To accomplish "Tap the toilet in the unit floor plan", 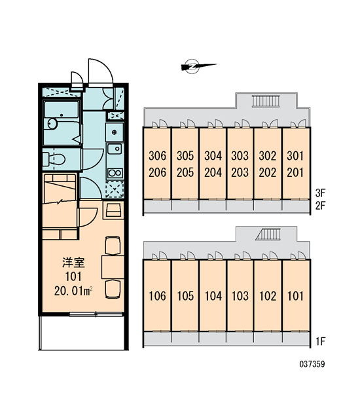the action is click(54, 159).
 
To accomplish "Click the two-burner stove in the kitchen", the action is click(115, 173).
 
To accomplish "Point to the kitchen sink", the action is click(115, 149).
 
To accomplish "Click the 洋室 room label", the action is click(73, 263).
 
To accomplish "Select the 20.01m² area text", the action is click(73, 291).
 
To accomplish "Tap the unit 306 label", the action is click(157, 156).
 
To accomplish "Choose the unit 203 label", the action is click(240, 172).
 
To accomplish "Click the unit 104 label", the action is click(213, 296).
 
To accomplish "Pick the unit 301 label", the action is click(295, 156).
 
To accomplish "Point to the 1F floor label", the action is click(321, 341).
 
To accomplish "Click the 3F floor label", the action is click(321, 193).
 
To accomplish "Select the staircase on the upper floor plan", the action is click(266, 101).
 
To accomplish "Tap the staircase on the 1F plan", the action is click(268, 234).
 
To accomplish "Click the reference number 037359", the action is click(312, 364).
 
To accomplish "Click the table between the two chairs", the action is click(113, 267).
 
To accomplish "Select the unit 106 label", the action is click(157, 296).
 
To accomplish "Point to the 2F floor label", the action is click(321, 206).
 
